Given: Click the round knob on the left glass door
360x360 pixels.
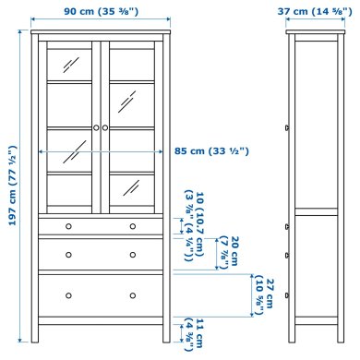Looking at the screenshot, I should (x=95, y=126).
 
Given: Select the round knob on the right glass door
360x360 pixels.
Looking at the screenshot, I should (x=106, y=126).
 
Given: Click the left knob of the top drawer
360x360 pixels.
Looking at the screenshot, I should (x=67, y=224).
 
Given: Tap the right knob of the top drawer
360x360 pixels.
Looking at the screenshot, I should (x=133, y=224).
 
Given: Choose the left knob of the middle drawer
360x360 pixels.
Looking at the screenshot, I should (x=67, y=251).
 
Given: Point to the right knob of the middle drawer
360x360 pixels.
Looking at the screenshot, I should (x=133, y=251).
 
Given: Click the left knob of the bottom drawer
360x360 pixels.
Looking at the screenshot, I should (x=67, y=294).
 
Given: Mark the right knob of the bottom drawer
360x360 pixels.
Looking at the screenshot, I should (x=133, y=294).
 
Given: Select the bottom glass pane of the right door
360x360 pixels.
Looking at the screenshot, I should (x=133, y=192).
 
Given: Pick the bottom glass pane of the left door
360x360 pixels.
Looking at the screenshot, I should (x=68, y=192).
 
